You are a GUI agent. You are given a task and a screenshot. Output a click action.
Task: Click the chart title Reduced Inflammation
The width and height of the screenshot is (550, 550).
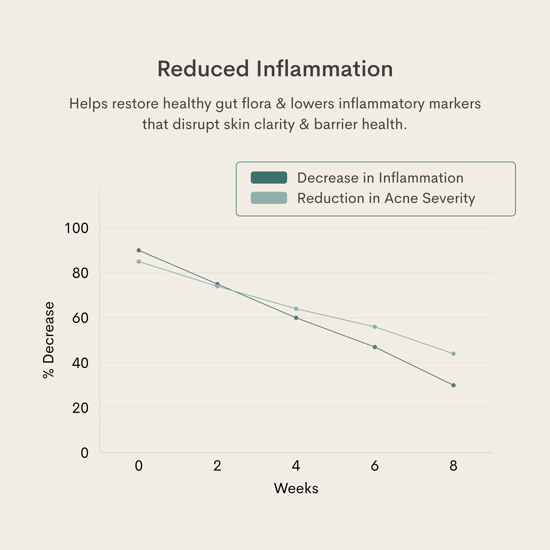(x=275, y=69)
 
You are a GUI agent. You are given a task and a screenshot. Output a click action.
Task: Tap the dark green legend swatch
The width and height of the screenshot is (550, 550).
(x=269, y=178)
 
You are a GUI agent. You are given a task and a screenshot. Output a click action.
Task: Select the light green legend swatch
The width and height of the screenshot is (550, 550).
(x=269, y=198)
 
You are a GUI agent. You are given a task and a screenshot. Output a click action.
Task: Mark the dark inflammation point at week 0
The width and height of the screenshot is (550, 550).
(x=139, y=250)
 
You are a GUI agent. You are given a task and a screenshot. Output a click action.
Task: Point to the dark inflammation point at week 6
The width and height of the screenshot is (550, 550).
(x=375, y=347)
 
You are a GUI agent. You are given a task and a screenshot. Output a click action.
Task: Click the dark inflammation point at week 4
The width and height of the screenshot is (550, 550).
(x=296, y=318)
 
